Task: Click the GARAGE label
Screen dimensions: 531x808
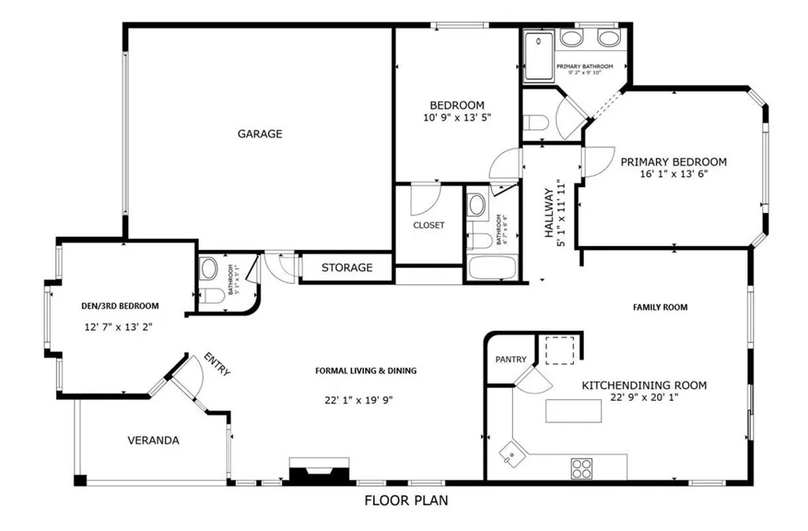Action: pos(260,134)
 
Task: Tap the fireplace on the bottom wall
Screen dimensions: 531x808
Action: pos(317,470)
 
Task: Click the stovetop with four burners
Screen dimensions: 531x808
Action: pos(583,469)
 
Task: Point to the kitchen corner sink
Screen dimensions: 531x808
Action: pos(512,452)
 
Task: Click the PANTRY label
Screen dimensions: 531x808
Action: pos(511,360)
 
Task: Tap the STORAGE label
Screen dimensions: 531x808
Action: pos(346,267)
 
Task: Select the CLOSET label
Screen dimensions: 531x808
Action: pos(428,226)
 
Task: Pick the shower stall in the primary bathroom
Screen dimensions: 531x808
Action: pos(540,56)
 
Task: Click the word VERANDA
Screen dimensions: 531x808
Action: pos(153,440)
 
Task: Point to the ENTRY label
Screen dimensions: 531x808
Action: pos(217,364)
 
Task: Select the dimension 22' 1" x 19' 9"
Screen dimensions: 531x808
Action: pos(358,400)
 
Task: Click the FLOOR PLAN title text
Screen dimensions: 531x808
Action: pos(406,500)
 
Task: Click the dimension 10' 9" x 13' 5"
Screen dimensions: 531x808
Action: pos(457,118)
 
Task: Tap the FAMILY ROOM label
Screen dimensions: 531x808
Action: pos(660,308)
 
